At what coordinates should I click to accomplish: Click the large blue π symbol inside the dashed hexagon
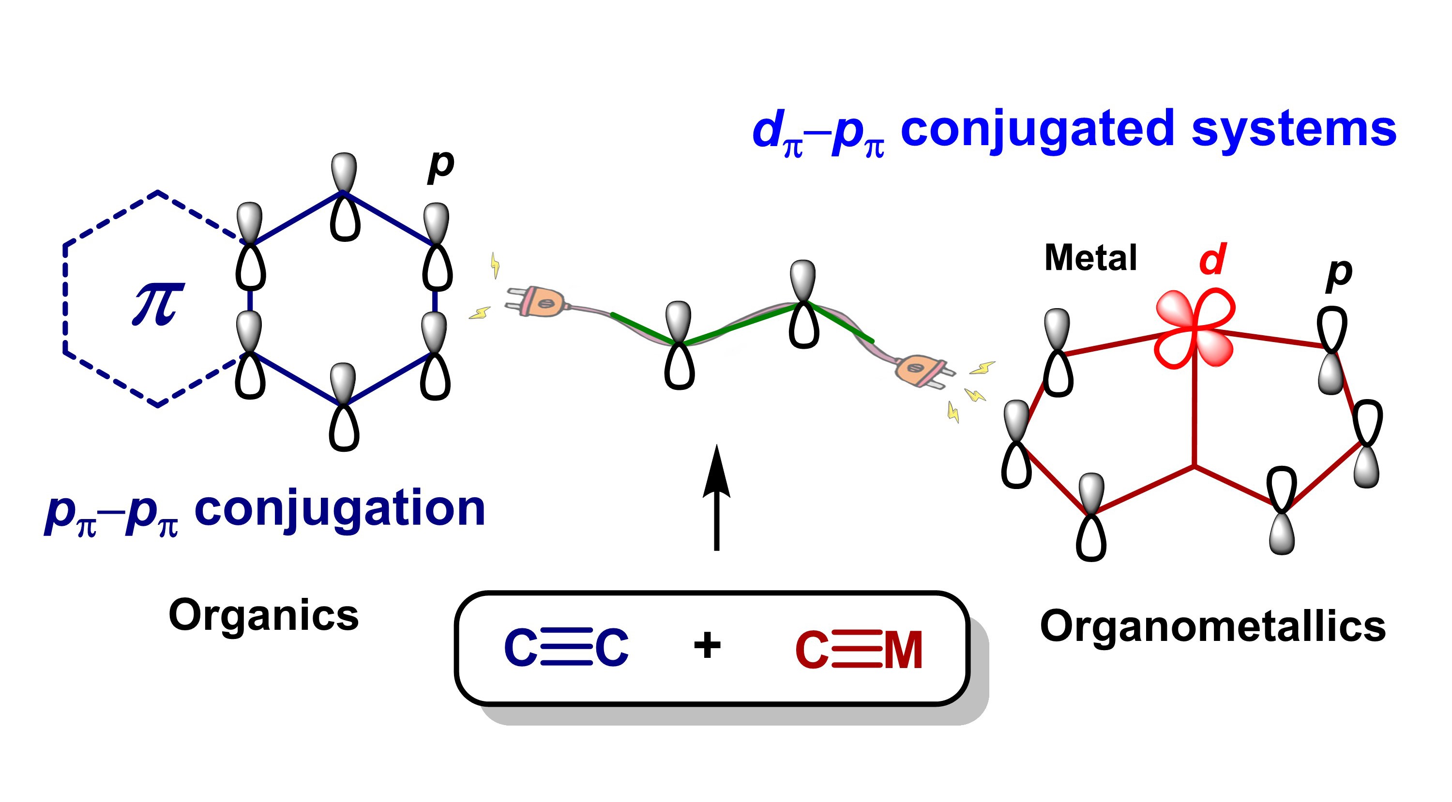[x=158, y=304]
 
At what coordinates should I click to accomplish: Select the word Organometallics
[x=1212, y=626]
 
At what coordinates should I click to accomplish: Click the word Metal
[x=1090, y=258]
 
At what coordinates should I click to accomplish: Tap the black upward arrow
[x=716, y=496]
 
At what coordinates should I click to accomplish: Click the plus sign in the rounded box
[x=707, y=645]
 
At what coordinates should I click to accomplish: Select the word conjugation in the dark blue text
[x=339, y=508]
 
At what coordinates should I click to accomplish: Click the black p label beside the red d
[x=1339, y=274]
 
